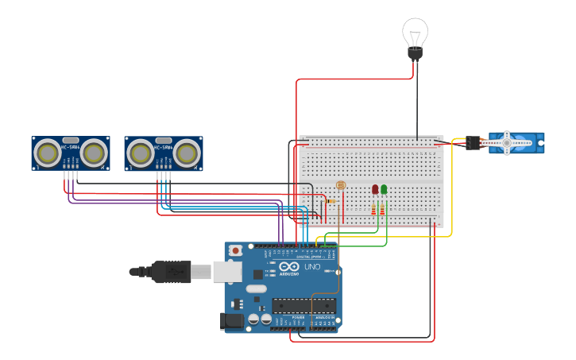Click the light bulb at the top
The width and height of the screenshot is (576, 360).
pyautogui.click(x=415, y=33)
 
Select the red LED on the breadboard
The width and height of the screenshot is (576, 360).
pyautogui.click(x=375, y=189)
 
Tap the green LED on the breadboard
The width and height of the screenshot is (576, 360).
pyautogui.click(x=384, y=189)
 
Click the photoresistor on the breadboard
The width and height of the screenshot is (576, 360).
pyautogui.click(x=341, y=184)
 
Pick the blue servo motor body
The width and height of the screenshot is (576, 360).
pyautogui.click(x=517, y=142)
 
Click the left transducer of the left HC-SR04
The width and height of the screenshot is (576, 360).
pyautogui.click(x=48, y=152)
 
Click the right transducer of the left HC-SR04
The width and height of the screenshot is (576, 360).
pyautogui.click(x=94, y=152)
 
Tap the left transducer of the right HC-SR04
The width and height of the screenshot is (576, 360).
pyautogui.click(x=141, y=152)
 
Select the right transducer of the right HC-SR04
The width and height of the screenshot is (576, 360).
pyautogui.click(x=187, y=152)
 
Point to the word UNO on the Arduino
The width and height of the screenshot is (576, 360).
pyautogui.click(x=311, y=266)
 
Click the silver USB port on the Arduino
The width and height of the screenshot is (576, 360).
pyautogui.click(x=227, y=272)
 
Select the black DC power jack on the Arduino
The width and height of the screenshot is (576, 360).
pyautogui.click(x=231, y=320)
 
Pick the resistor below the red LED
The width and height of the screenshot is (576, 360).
pyautogui.click(x=374, y=210)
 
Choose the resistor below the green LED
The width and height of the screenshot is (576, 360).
pyautogui.click(x=383, y=210)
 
